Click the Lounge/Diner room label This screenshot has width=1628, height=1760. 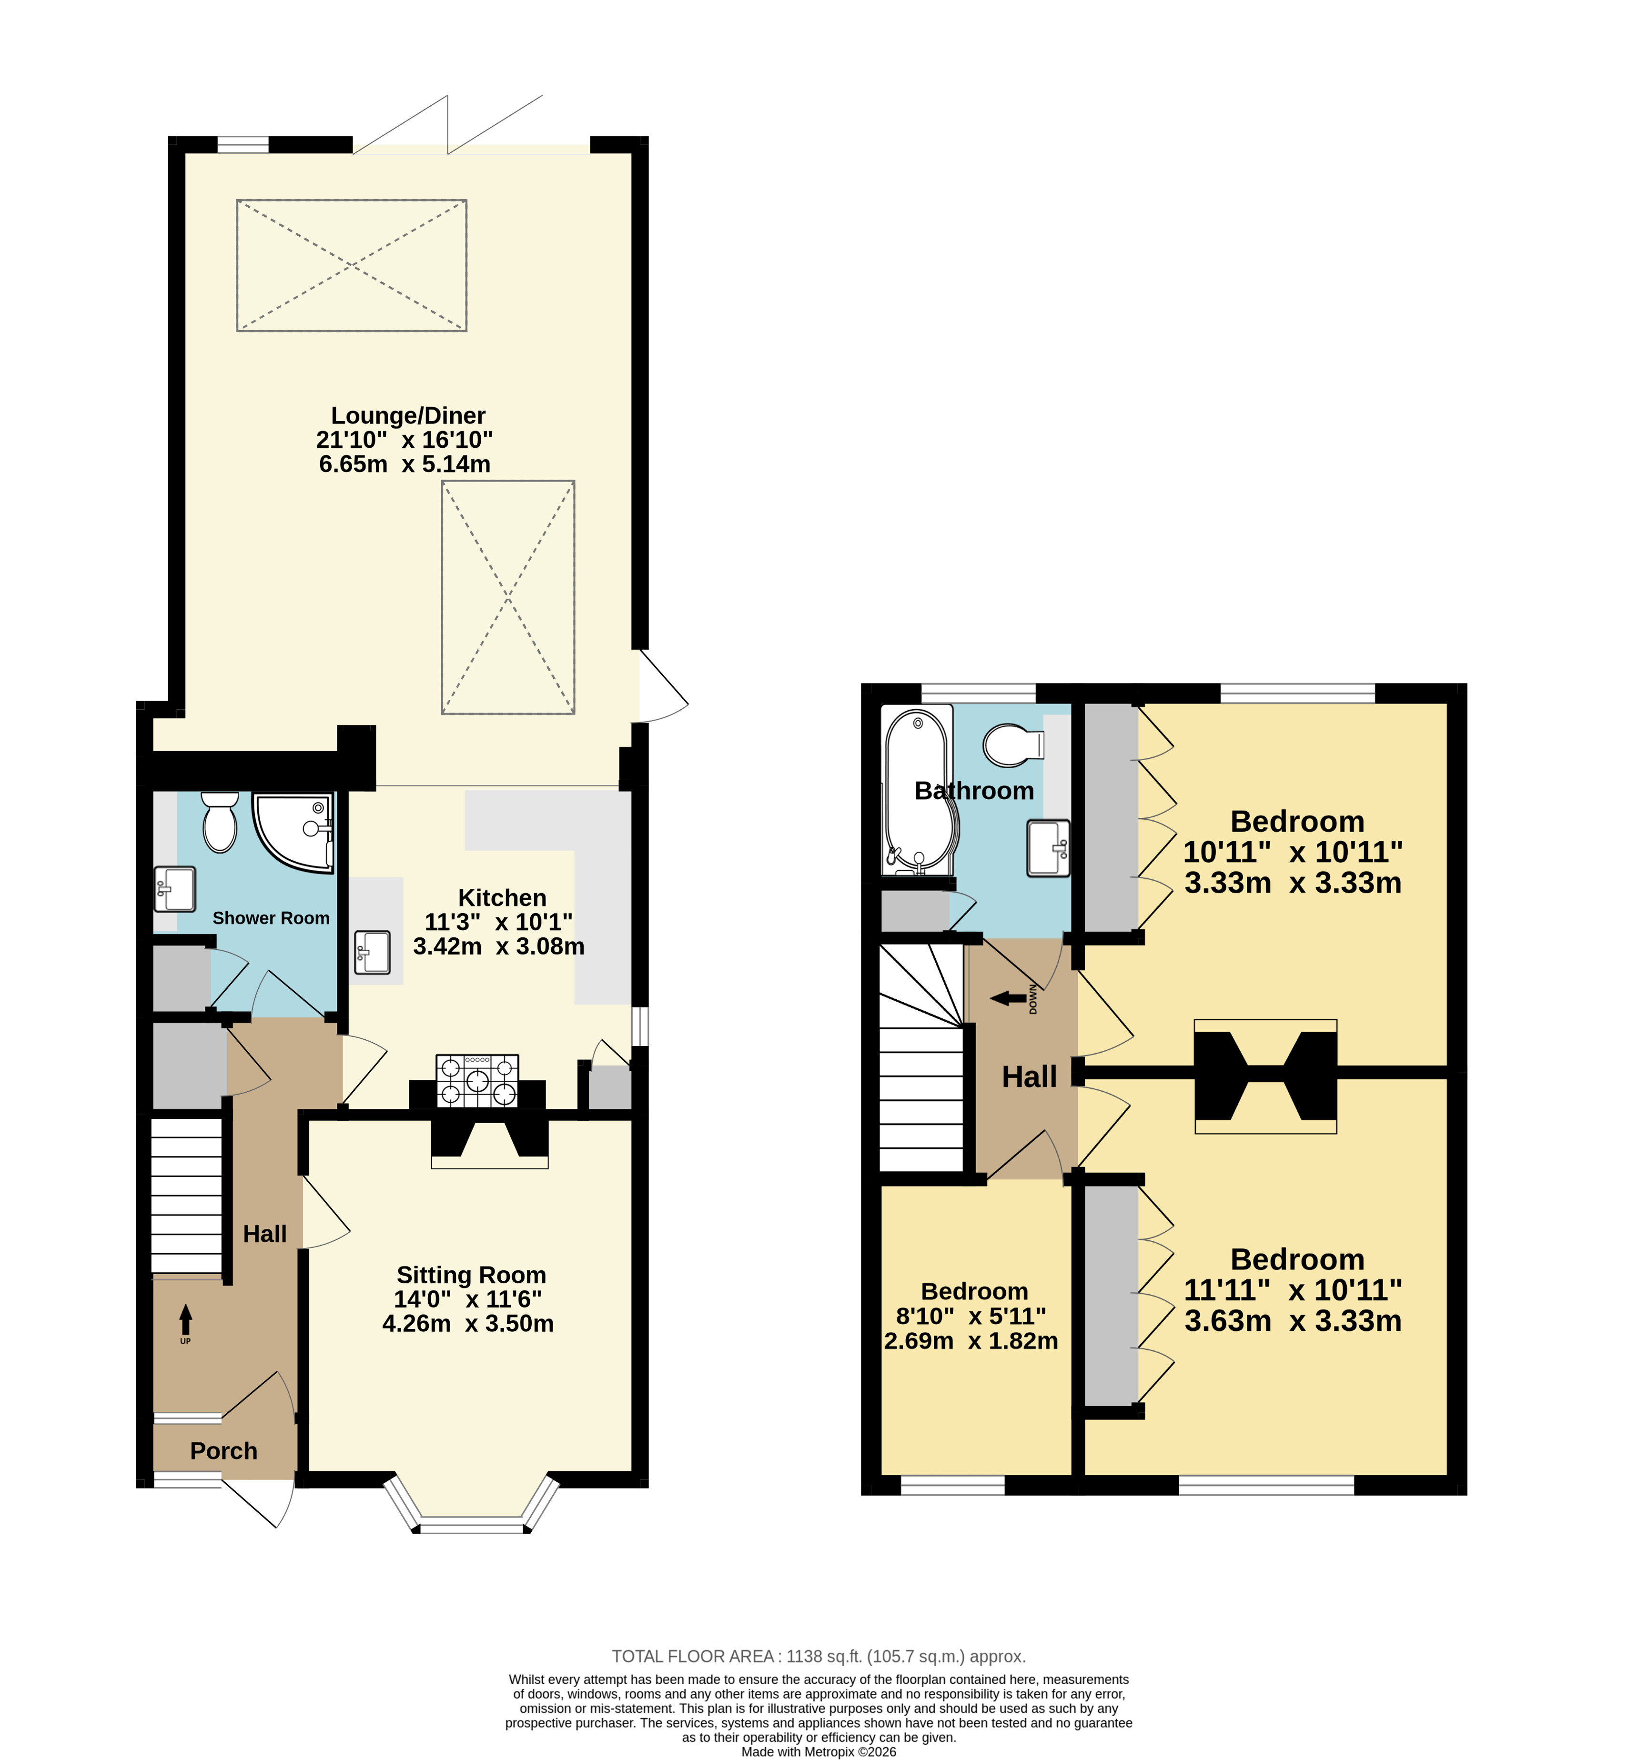click(408, 416)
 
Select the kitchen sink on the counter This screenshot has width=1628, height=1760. click(372, 952)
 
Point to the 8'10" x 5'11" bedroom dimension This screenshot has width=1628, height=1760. click(971, 1316)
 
